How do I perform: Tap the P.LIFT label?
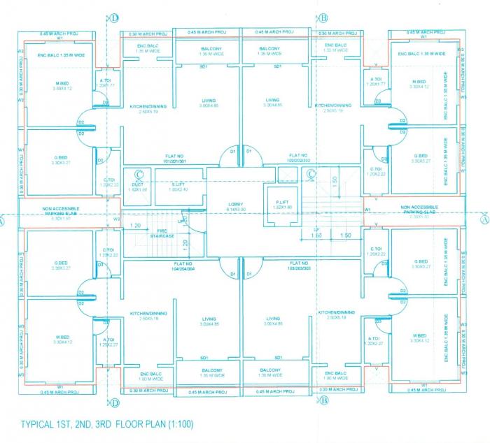coord(283,204)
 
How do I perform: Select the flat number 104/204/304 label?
coord(181,266)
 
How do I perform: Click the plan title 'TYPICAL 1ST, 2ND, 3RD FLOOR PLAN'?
coord(92,424)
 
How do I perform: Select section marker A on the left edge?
coord(3,219)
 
